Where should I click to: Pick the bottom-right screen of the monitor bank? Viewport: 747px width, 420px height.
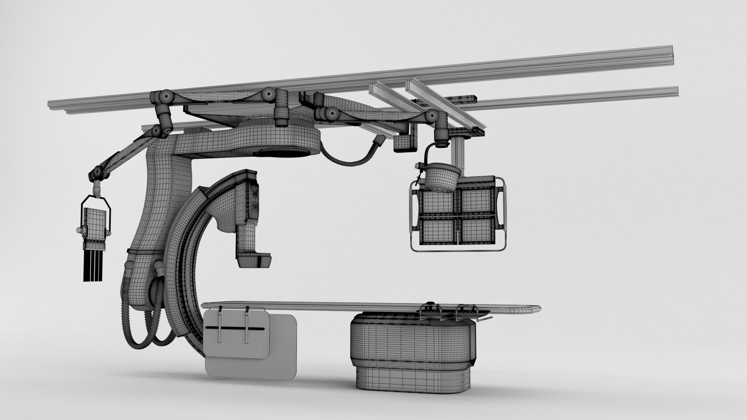477,229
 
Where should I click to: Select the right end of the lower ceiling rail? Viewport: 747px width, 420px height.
675,92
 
